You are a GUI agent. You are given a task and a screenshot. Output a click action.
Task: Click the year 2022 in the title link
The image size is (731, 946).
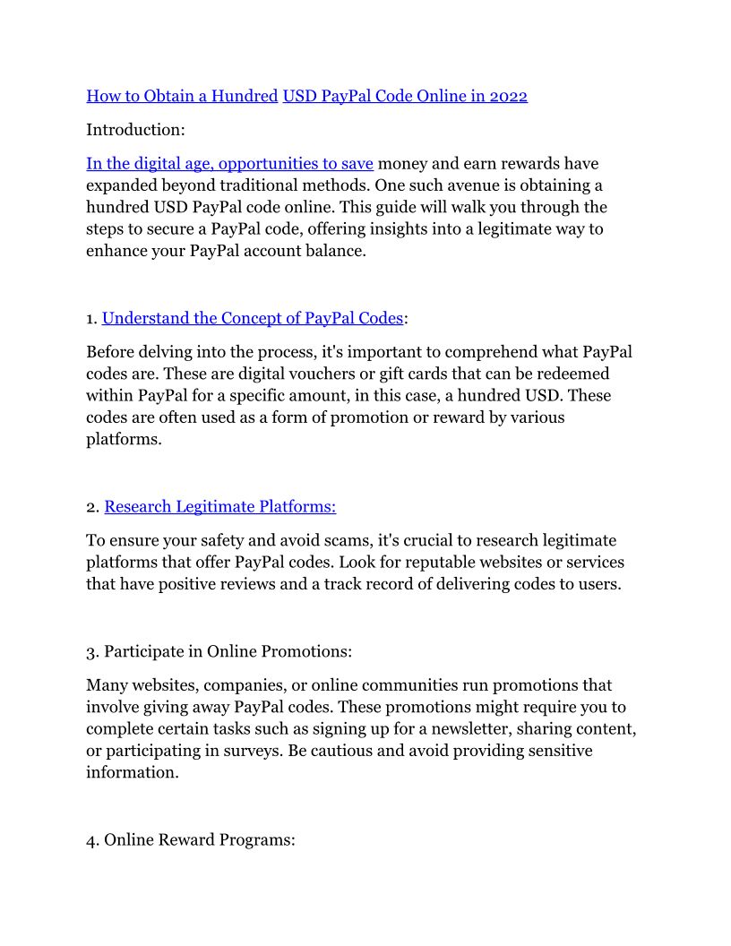coord(508,96)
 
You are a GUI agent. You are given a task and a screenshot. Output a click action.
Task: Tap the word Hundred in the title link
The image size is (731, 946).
coord(245,96)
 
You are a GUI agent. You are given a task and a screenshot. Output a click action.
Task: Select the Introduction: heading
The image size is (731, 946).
coord(135,130)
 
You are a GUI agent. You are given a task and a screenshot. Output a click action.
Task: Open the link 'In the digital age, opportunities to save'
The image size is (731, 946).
coord(229,164)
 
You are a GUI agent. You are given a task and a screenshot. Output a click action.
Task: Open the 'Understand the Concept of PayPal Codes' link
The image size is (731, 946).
coord(253,318)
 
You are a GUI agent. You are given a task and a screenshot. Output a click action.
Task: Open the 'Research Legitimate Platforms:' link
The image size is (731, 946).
coord(220,507)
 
